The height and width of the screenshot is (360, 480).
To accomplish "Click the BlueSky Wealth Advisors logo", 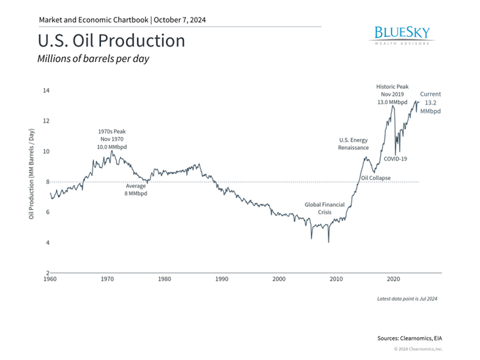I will point(400,35).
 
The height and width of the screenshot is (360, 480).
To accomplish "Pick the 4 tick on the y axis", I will point(46,243).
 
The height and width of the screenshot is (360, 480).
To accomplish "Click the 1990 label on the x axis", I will point(222,278).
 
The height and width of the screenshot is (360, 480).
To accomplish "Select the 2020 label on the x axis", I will point(394,278).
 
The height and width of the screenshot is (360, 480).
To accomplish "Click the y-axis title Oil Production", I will point(32,181).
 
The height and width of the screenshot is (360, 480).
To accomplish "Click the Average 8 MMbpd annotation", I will point(136,189).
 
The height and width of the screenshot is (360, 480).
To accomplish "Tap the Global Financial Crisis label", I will point(325,208).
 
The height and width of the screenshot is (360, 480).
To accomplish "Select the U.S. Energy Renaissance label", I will point(354,143).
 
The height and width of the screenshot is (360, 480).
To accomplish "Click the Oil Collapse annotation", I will point(376,179).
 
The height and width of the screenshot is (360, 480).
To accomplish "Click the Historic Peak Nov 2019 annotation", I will point(392,94).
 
